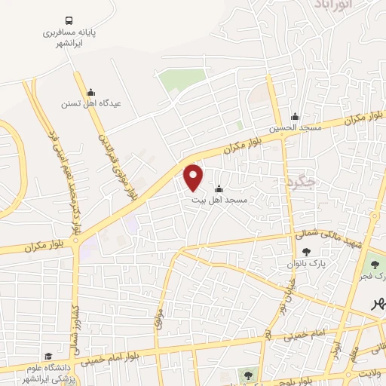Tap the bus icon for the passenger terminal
pos(69,20)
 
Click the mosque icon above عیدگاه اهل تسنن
pos(90,92)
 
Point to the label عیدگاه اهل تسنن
pos(90,104)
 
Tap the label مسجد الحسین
pos(295,129)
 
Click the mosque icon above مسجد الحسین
pos(295,117)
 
